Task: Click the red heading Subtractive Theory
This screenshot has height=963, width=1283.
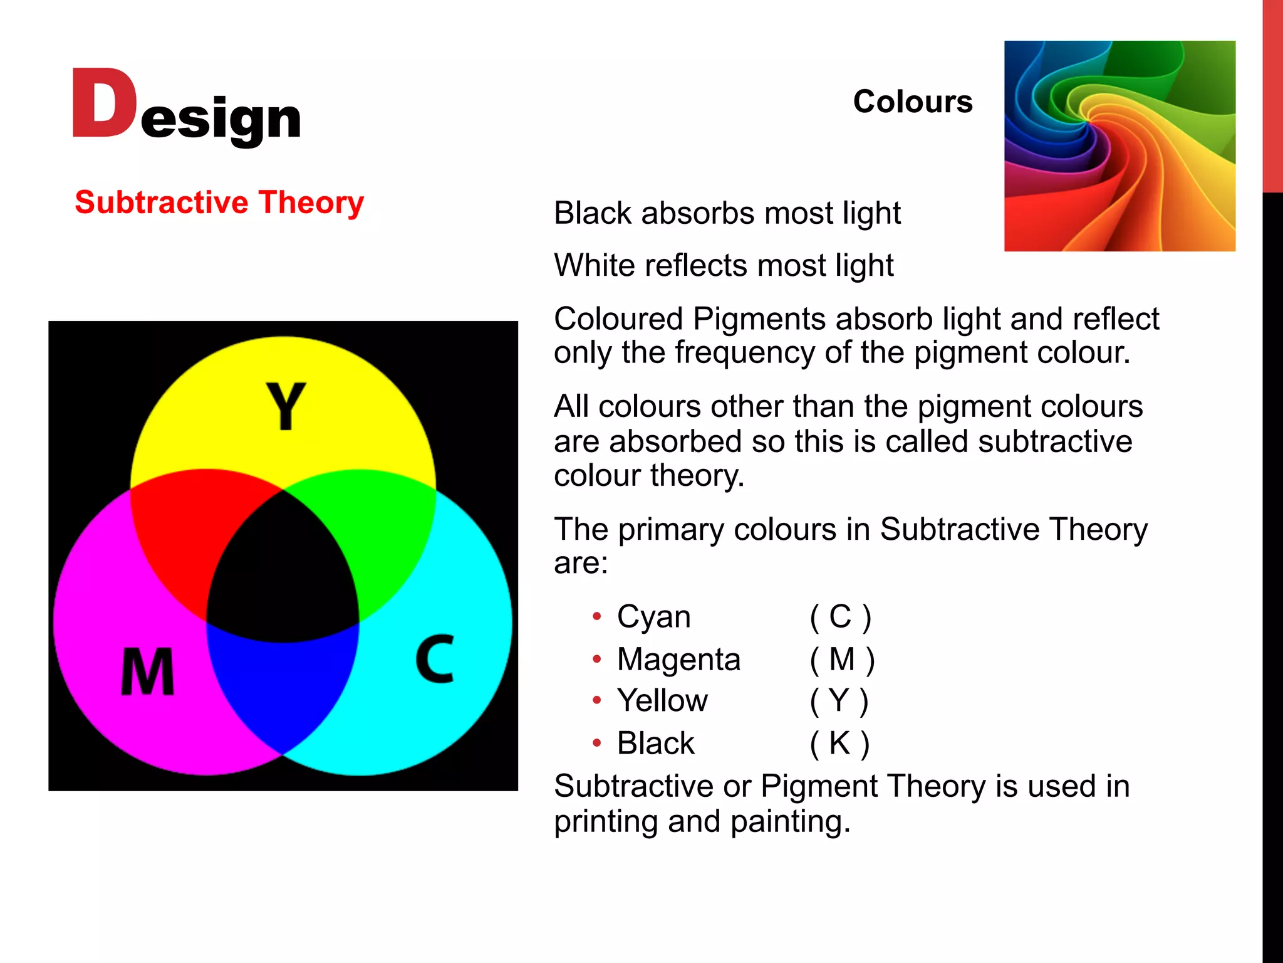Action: click(219, 203)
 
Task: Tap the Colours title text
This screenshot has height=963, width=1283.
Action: click(912, 102)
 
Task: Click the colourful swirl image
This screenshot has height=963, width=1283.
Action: click(1119, 146)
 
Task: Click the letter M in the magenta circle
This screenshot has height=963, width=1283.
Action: click(147, 672)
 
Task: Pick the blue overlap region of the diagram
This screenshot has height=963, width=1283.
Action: click(282, 683)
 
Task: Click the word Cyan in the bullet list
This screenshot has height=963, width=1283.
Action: click(653, 617)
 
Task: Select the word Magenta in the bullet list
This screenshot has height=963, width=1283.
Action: click(678, 660)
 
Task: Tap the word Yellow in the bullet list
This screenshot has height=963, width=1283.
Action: click(662, 701)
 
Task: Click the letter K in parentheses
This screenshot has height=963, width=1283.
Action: click(839, 744)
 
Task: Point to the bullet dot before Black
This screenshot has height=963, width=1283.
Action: click(597, 744)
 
